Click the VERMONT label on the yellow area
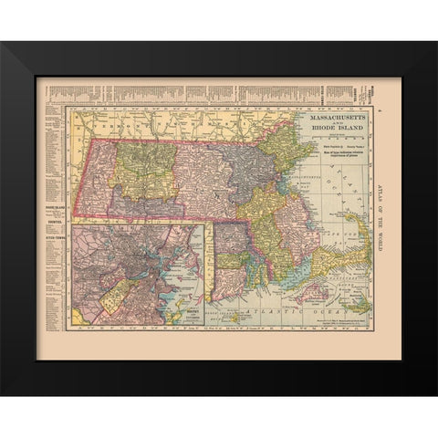pos(119,120)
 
